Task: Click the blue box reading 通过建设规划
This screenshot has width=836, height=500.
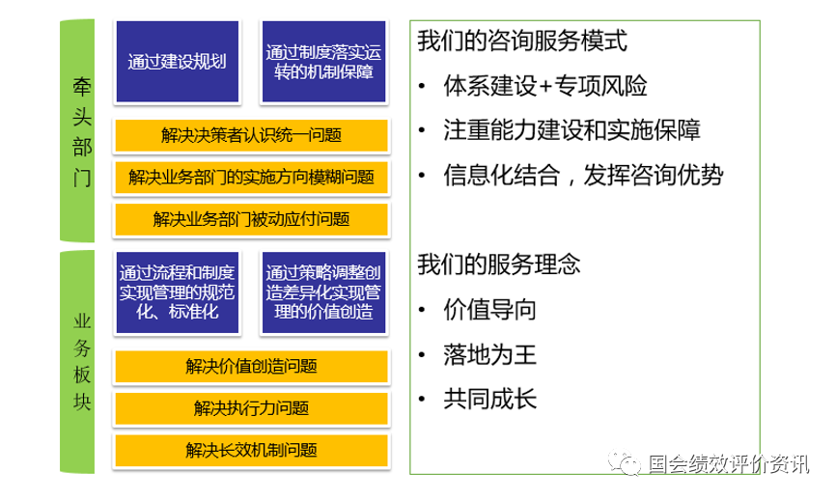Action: click(x=178, y=62)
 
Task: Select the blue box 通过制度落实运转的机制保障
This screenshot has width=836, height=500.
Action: click(x=323, y=62)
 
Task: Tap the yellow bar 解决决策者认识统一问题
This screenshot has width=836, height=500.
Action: click(x=251, y=135)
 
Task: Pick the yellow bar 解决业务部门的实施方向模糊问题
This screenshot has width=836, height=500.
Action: click(x=251, y=177)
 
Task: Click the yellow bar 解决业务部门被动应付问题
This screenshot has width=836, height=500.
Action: click(x=251, y=219)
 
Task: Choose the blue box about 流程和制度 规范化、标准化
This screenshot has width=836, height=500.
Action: click(x=178, y=292)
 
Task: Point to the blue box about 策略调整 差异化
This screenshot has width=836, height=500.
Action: click(x=323, y=292)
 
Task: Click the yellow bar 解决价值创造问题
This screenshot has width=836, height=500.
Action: click(x=251, y=366)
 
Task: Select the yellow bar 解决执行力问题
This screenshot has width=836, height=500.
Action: click(x=251, y=408)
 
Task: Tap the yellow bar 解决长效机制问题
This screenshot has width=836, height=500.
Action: click(x=251, y=451)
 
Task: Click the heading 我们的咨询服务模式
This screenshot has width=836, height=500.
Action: click(x=522, y=41)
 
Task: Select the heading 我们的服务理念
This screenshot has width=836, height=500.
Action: click(x=498, y=264)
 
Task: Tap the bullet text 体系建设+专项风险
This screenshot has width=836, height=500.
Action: click(x=544, y=86)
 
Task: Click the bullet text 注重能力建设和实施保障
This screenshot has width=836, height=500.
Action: click(x=571, y=130)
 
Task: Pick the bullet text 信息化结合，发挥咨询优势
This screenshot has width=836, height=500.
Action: click(x=583, y=175)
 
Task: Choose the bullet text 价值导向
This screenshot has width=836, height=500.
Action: click(x=489, y=309)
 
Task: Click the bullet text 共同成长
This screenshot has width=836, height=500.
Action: click(x=489, y=399)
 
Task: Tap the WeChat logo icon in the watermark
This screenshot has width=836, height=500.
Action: click(x=624, y=462)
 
